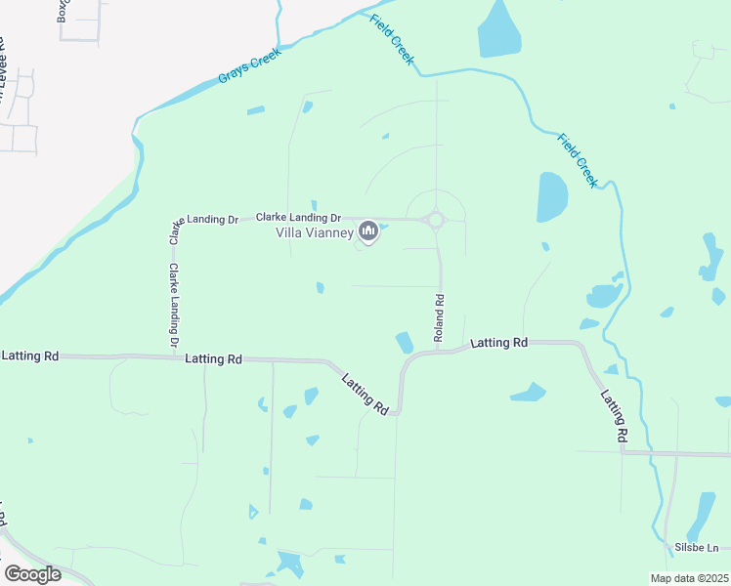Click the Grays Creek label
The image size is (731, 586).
pyautogui.click(x=249, y=65)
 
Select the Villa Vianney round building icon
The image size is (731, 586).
pyautogui.click(x=368, y=230)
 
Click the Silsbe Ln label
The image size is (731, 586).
pyautogui.click(x=697, y=548)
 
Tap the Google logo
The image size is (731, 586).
pyautogui.click(x=32, y=574)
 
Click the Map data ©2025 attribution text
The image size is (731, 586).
pyautogui.click(x=688, y=578)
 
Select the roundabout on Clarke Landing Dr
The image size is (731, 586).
pyautogui.click(x=436, y=221)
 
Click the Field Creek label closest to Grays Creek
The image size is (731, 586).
pyautogui.click(x=392, y=40)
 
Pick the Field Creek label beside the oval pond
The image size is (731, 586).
pyautogui.click(x=577, y=159)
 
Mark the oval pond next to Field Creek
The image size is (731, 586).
pyautogui.click(x=552, y=196)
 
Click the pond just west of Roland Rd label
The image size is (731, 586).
pyautogui.click(x=404, y=343)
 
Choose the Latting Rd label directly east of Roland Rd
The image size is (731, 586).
pyautogui.click(x=499, y=343)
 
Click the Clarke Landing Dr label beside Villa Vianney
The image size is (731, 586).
pyautogui.click(x=298, y=218)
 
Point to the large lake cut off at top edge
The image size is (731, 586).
pyautogui.click(x=498, y=29)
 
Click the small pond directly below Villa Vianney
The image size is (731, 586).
pyautogui.click(x=320, y=287)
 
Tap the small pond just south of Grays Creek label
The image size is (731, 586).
pyautogui.click(x=255, y=110)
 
